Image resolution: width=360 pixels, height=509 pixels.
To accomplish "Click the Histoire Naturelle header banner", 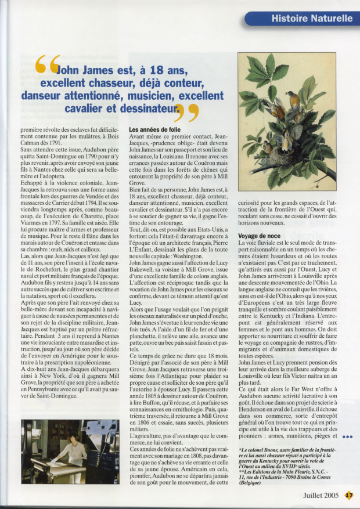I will [302, 18].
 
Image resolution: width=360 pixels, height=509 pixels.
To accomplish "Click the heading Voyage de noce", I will [260, 236].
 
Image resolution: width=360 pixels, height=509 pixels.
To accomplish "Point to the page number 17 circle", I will [348, 496].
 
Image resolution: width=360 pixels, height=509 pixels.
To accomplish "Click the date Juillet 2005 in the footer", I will [322, 496].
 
